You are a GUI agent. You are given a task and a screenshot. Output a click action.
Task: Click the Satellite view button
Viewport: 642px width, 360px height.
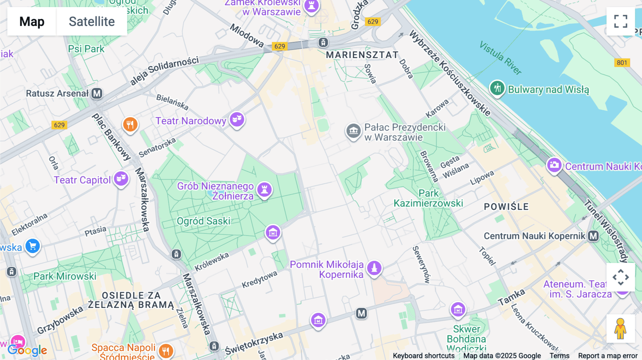(x=92, y=21)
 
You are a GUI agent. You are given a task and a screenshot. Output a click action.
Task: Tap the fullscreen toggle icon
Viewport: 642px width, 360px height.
(x=621, y=21)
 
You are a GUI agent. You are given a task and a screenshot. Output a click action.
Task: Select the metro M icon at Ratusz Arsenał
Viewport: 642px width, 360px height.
(x=97, y=93)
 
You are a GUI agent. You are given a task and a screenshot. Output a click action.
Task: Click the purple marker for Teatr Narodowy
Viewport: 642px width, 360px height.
(x=237, y=119)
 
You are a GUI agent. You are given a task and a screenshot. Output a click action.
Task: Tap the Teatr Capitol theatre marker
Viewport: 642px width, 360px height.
(x=121, y=178)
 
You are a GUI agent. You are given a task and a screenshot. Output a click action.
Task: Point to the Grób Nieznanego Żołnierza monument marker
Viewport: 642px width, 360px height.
(x=264, y=189)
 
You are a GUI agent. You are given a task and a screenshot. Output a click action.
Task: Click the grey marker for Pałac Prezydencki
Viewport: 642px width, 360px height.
(x=353, y=131)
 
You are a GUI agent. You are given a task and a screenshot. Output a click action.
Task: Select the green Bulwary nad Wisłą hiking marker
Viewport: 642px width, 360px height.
(x=497, y=88)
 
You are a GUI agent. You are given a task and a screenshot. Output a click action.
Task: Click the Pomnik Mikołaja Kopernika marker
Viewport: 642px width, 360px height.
(x=374, y=268)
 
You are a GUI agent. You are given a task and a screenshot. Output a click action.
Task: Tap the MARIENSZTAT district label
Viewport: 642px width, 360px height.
(x=362, y=55)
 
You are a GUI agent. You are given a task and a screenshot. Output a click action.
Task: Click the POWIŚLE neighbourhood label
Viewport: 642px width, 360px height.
(x=506, y=206)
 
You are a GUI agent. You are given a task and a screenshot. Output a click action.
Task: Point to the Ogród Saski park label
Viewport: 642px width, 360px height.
(x=204, y=221)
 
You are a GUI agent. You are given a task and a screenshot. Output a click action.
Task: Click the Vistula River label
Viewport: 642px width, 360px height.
(x=500, y=57)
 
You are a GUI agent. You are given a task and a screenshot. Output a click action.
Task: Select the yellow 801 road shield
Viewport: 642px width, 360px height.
(x=622, y=63)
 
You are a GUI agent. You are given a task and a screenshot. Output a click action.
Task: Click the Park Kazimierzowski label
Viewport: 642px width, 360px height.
(x=428, y=198)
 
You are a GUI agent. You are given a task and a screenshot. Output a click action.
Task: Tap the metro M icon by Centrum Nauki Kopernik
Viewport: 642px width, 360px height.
(x=593, y=236)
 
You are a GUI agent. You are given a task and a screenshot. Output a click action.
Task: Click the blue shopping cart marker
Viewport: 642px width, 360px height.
(x=32, y=246)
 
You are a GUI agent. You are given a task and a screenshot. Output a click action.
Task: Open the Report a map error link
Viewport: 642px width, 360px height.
(x=607, y=356)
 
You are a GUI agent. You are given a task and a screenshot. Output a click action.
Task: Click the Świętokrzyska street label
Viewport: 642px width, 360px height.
(x=254, y=343)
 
